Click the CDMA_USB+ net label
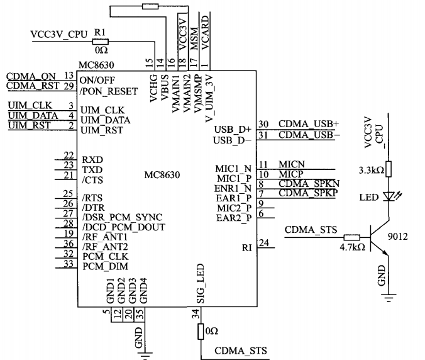coord(308,124)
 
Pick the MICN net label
coord(291,164)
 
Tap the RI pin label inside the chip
coord(246,247)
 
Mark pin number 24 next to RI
coord(264,242)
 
